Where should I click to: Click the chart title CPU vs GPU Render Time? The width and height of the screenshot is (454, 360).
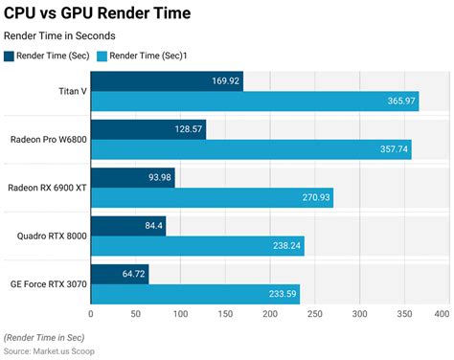click(x=97, y=13)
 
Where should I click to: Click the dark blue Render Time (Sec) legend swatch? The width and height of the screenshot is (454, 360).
click(x=10, y=56)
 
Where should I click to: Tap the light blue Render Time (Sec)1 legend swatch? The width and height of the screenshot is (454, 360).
click(x=102, y=56)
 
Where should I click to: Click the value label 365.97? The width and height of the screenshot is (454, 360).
click(x=400, y=101)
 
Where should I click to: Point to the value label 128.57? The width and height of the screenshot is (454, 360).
click(x=187, y=129)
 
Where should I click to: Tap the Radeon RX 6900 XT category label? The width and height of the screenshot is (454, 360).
click(x=47, y=187)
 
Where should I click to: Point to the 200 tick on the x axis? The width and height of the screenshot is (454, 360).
click(x=270, y=314)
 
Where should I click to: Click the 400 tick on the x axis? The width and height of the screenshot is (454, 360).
click(x=442, y=314)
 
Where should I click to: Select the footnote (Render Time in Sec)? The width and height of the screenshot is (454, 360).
click(x=44, y=338)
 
